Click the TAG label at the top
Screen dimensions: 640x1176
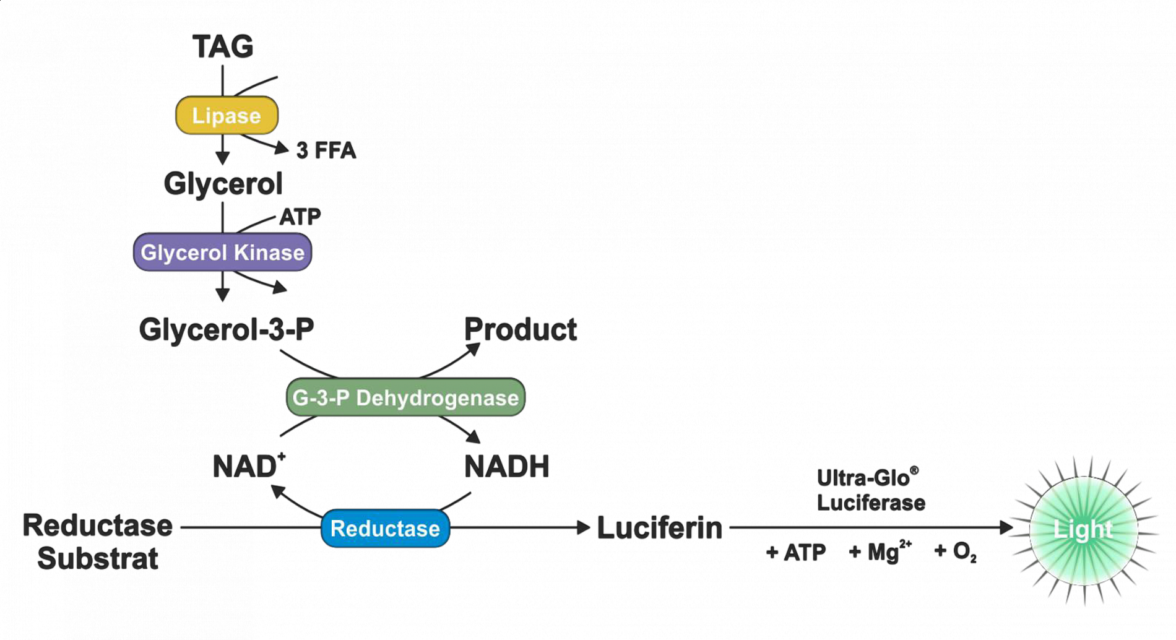point(223,47)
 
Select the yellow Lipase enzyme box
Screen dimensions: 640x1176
point(227,116)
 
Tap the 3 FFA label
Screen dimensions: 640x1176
point(326,151)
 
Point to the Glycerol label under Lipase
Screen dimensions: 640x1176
point(223,184)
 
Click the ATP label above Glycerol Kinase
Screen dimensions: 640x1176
point(300,217)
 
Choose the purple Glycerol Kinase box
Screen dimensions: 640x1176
point(222,253)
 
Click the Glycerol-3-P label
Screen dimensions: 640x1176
point(227,330)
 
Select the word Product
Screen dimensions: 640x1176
point(520,330)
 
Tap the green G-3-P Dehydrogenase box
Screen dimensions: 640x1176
point(405,397)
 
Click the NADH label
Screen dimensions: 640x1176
point(507,467)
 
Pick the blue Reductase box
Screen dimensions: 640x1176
point(385,529)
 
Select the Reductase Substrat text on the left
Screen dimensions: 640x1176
point(98,542)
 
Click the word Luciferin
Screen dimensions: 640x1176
point(660,529)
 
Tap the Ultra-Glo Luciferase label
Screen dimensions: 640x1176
point(870,491)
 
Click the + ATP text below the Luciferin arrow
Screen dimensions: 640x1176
point(796,552)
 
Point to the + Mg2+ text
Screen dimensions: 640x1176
point(879,551)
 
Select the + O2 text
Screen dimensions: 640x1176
point(955,551)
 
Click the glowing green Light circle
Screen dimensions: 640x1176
point(1083,530)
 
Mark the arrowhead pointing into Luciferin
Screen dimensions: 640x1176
point(583,528)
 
